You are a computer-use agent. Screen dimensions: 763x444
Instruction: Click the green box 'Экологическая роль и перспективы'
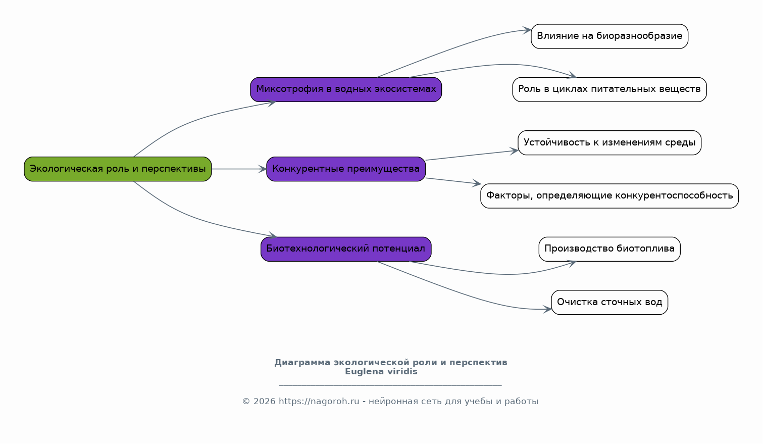click(x=118, y=169)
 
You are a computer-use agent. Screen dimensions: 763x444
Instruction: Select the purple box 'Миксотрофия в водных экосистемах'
click(x=346, y=89)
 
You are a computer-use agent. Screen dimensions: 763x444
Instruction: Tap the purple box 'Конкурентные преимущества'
click(x=346, y=169)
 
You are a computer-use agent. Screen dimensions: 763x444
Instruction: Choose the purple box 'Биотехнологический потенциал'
click(x=346, y=249)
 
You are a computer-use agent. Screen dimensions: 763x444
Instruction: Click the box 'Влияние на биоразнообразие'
click(x=609, y=36)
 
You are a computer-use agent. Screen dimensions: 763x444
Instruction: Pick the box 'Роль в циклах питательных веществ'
click(x=609, y=89)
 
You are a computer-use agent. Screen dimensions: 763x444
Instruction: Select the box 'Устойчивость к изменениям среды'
click(x=609, y=143)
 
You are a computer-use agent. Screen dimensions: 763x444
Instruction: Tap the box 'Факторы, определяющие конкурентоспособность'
click(x=609, y=196)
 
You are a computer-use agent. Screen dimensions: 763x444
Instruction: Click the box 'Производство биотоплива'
click(x=609, y=249)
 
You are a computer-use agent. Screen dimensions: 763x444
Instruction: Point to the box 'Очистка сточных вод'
click(x=609, y=302)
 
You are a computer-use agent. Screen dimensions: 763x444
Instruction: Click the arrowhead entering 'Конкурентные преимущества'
click(x=262, y=169)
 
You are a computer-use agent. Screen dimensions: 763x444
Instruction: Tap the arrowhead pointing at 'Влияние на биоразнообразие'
click(x=527, y=30)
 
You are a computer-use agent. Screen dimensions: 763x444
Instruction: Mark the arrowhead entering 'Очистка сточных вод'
click(x=547, y=310)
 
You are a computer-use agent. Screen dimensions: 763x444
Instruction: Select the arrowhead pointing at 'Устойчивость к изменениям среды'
click(x=514, y=151)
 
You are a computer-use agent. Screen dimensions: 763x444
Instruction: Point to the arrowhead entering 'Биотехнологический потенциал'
click(x=273, y=235)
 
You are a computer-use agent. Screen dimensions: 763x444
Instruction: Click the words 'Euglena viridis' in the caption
click(x=381, y=371)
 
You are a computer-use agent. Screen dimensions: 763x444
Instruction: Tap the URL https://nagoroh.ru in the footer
click(x=319, y=402)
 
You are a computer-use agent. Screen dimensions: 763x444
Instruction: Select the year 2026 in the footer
click(x=264, y=402)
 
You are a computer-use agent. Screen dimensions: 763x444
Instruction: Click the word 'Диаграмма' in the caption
click(x=302, y=363)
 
